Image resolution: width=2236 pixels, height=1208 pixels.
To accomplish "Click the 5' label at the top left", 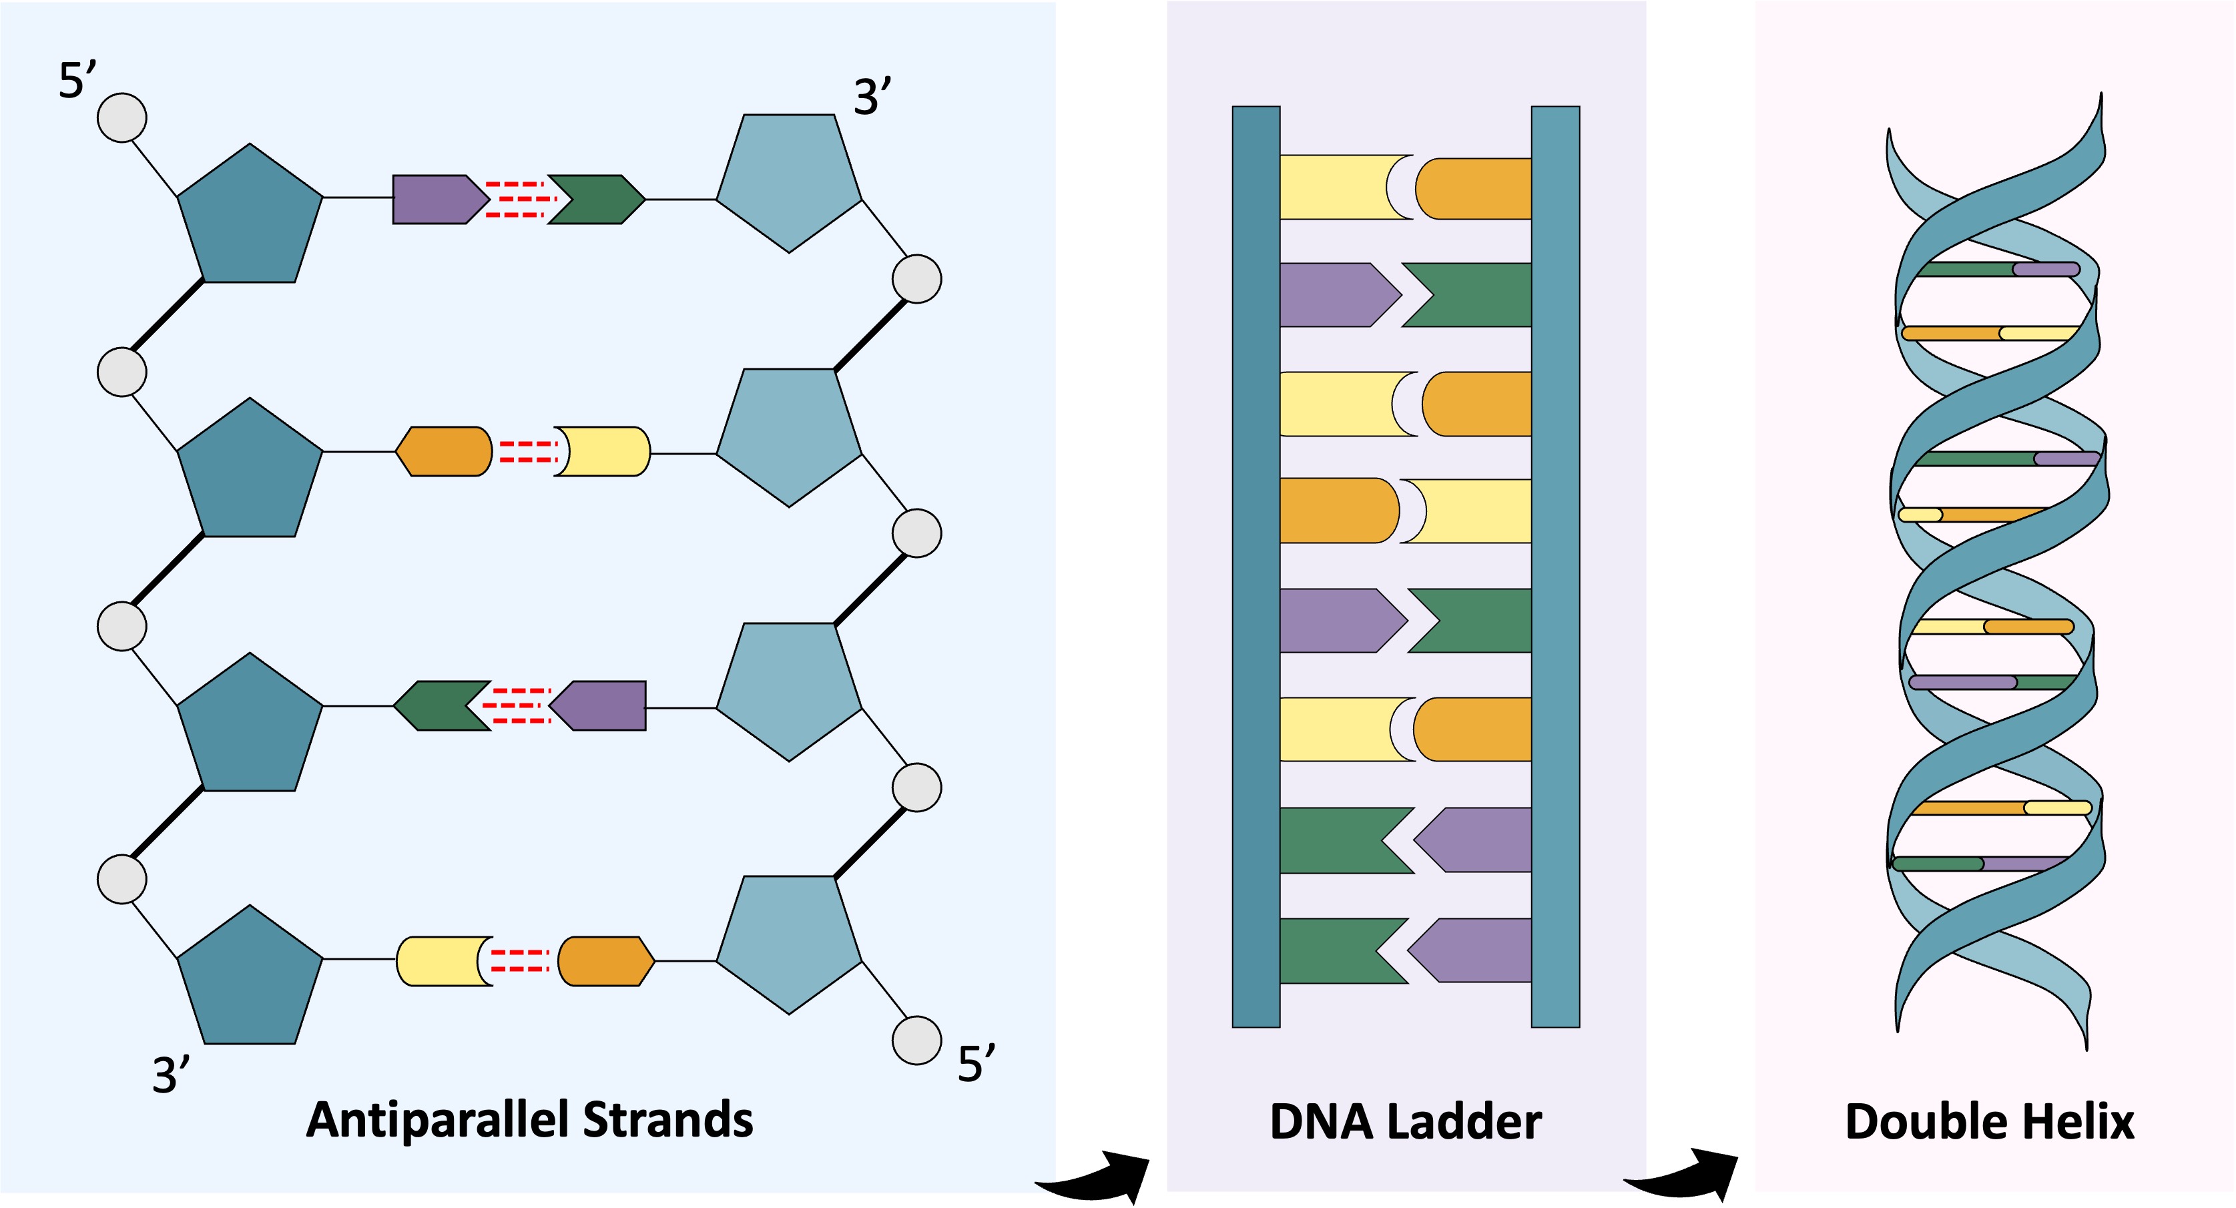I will (x=76, y=80).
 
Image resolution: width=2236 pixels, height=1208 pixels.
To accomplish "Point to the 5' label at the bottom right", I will (x=976, y=1063).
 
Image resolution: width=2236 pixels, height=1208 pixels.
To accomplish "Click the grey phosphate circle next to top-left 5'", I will (x=121, y=118).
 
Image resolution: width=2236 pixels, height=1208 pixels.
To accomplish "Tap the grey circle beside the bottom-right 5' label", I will (x=916, y=1040).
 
